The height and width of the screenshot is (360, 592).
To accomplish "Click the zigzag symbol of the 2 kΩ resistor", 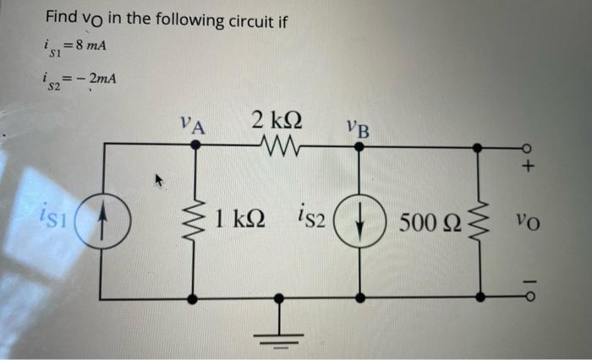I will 277,145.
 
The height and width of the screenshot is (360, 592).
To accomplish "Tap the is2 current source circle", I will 359,221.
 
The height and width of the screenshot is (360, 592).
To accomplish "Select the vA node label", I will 194,126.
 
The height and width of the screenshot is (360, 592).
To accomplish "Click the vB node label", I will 357,130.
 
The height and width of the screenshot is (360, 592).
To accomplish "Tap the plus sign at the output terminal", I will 528,167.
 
